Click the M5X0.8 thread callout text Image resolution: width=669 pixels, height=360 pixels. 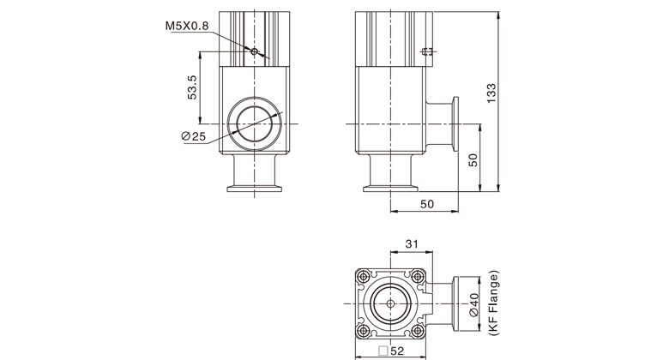187,26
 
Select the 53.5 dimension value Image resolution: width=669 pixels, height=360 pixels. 192,87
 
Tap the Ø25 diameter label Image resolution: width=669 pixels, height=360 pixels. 193,136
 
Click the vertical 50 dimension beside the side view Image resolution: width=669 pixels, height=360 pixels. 473,160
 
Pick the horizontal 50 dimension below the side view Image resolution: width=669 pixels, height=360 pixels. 426,204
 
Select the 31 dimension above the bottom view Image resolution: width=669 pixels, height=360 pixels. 412,244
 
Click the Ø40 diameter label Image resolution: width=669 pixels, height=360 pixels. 474,304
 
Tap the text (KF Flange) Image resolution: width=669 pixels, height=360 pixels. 494,303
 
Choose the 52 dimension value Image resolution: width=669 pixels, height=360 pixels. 397,351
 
